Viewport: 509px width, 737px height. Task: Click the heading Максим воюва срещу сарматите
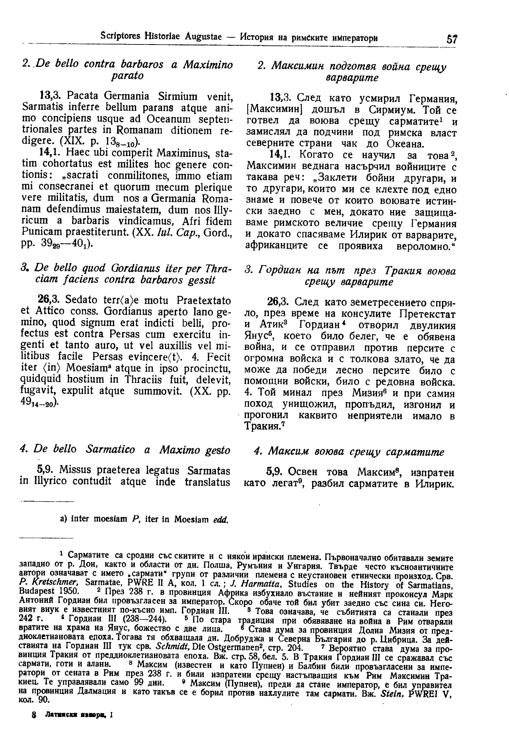(x=348, y=452)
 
